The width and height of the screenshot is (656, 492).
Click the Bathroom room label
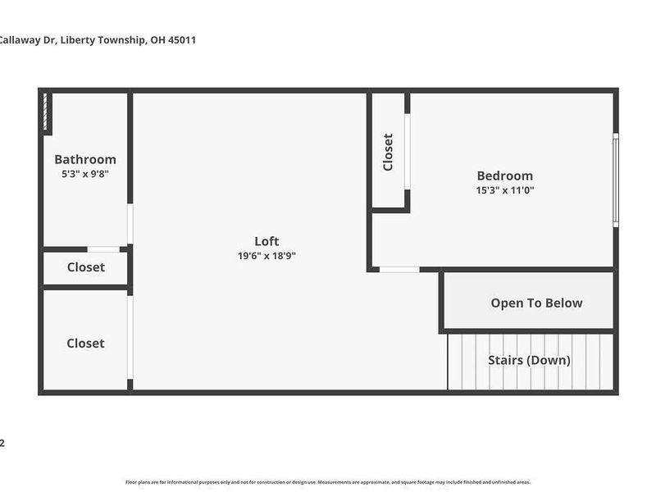[85, 159]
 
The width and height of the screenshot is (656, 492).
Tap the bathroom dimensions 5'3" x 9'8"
[85, 174]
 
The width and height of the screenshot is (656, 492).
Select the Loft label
[266, 241]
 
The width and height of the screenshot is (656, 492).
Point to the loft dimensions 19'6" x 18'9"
[266, 256]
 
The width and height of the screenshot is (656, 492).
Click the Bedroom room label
[505, 175]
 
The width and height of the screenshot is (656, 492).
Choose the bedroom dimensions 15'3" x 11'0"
[505, 190]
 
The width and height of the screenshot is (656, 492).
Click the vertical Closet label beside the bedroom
[388, 152]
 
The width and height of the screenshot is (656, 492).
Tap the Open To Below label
[536, 303]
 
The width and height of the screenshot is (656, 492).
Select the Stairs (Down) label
[529, 360]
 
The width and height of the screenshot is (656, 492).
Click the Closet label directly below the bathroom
[85, 267]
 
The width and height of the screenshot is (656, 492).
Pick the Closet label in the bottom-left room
[85, 344]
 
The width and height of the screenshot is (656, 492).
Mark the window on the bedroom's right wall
[616, 179]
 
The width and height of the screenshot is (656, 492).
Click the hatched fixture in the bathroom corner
[48, 113]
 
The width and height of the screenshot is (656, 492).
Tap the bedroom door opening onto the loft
[399, 269]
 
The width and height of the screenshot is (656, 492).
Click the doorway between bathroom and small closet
[103, 249]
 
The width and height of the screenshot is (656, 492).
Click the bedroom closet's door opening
[407, 152]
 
